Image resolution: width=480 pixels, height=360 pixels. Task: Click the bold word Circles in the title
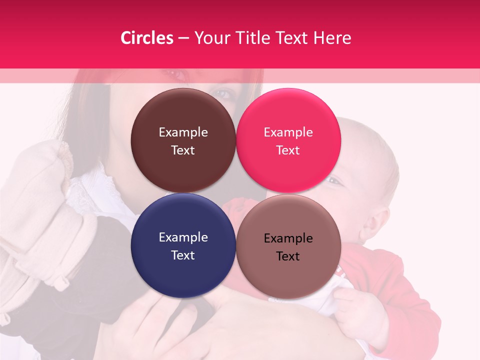coord(146,38)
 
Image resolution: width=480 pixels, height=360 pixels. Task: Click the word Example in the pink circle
coord(288,132)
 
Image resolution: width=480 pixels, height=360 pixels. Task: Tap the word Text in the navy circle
coord(183,255)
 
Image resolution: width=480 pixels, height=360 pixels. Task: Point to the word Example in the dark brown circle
coord(183,132)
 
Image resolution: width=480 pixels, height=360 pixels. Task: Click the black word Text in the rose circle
coord(288,256)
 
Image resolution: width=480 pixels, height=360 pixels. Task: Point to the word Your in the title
coord(209,38)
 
